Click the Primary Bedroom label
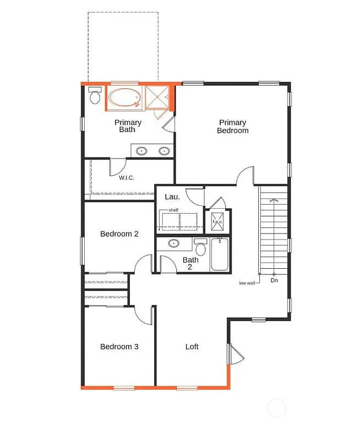pyautogui.click(x=232, y=127)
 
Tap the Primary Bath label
pyautogui.click(x=128, y=126)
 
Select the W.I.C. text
pyautogui.click(x=127, y=177)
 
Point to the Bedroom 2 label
pyautogui.click(x=119, y=234)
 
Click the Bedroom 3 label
pyautogui.click(x=119, y=347)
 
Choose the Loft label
pyautogui.click(x=192, y=347)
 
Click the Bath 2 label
pyautogui.click(x=190, y=263)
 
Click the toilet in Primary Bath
pyautogui.click(x=94, y=97)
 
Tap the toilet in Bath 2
pyautogui.click(x=200, y=248)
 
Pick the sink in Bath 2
pyautogui.click(x=173, y=243)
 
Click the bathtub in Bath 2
pyautogui.click(x=219, y=254)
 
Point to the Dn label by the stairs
pyautogui.click(x=274, y=280)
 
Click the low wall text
pyautogui.click(x=246, y=284)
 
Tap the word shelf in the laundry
pyautogui.click(x=173, y=210)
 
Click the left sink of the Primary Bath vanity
pyautogui.click(x=141, y=150)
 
